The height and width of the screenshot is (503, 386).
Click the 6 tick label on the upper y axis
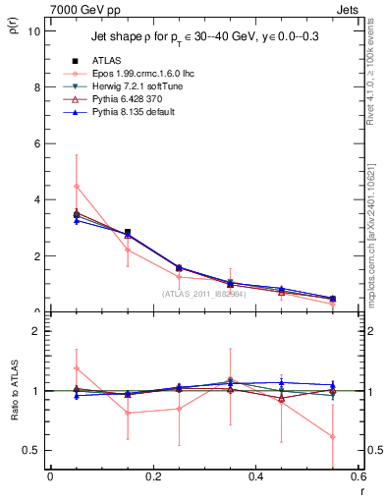pyautogui.click(x=37, y=143)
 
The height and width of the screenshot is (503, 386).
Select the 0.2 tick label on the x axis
pyautogui.click(x=152, y=476)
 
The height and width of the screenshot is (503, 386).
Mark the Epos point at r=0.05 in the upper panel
pyautogui.click(x=76, y=186)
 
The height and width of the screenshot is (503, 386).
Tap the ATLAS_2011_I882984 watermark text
pyautogui.click(x=203, y=293)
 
